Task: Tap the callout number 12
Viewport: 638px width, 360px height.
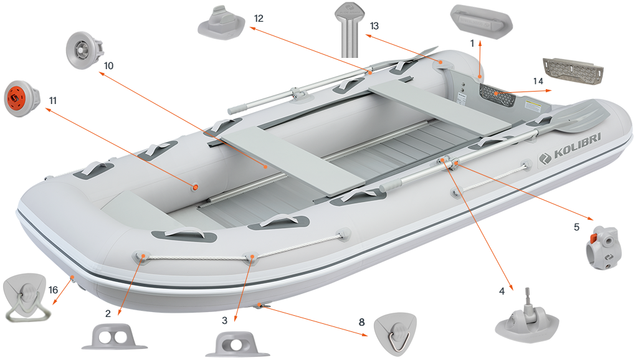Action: point(258,18)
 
